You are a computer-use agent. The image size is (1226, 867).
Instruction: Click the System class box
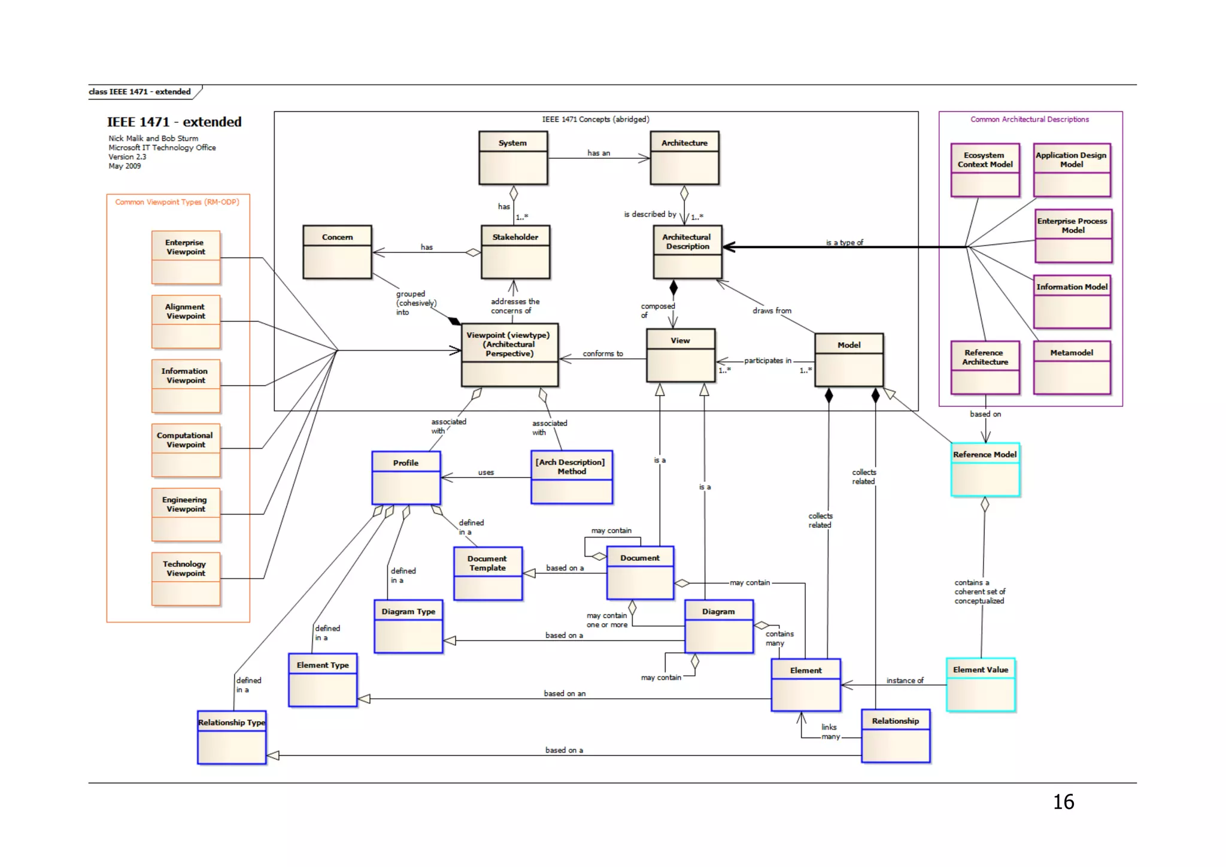coord(513,158)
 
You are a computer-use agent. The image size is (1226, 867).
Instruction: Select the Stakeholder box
coord(515,252)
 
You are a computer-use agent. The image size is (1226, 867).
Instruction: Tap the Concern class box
coord(338,252)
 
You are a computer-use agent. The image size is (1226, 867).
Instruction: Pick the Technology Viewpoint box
coord(186,579)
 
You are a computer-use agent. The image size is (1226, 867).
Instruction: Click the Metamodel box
coord(1072,368)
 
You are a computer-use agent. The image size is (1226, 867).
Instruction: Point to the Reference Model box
coord(985,470)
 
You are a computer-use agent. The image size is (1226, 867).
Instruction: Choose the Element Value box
coord(981,685)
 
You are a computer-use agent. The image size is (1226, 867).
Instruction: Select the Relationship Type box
coord(232,738)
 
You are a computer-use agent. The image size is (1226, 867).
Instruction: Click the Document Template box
coord(488,573)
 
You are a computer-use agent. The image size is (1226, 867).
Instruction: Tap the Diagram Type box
coord(409,627)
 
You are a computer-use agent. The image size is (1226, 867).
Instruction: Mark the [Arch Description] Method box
coord(572,477)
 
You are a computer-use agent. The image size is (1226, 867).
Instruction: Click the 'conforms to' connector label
coord(603,354)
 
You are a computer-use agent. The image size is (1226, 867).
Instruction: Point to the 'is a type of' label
coord(845,243)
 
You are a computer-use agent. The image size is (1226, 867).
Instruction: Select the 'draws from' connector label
coord(772,310)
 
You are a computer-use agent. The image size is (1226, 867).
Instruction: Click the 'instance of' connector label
coord(905,680)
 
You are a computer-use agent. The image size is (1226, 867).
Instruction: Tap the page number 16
coord(1064,802)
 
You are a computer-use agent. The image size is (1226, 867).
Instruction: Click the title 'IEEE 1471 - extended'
coord(174,122)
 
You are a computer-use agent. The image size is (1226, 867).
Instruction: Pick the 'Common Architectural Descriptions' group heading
coord(1030,119)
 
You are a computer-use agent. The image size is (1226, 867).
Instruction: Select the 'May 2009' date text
coord(125,166)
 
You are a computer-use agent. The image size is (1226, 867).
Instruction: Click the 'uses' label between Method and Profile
coord(486,472)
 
